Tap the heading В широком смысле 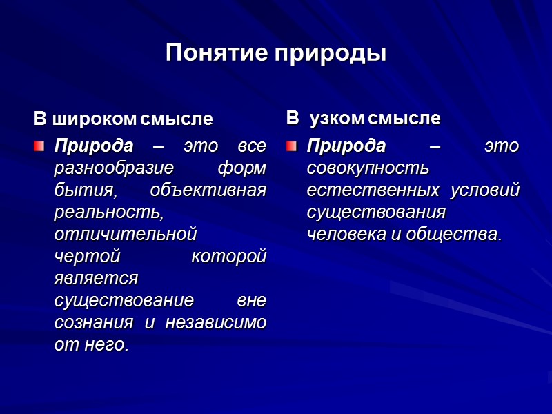click(124, 119)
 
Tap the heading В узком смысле click(363, 119)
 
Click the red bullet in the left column click(40, 146)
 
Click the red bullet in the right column click(292, 146)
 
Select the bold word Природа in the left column click(94, 146)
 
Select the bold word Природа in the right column click(346, 146)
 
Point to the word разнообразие click(108, 168)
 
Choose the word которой click(228, 257)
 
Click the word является click(96, 279)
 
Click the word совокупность click(368, 168)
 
